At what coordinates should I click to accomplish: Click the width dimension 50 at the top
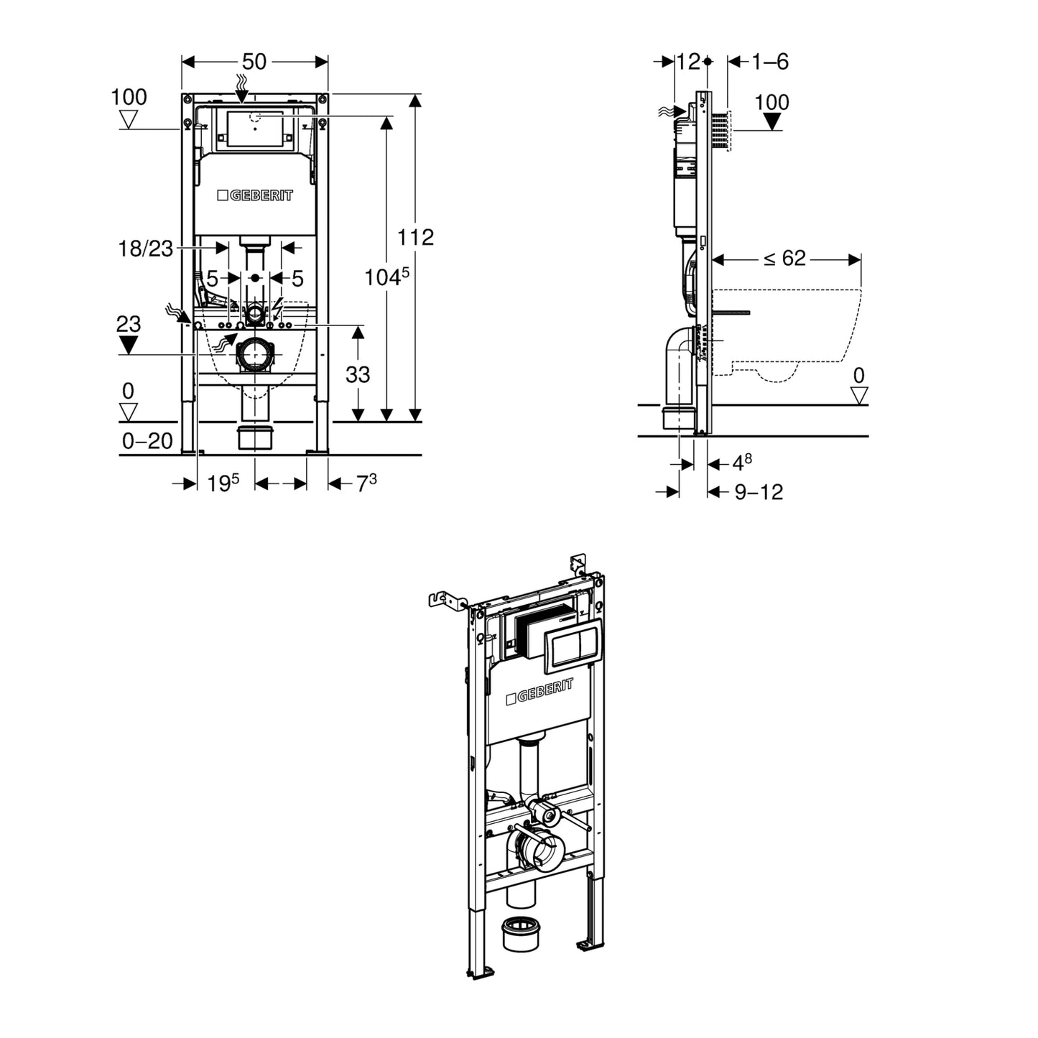pyautogui.click(x=254, y=62)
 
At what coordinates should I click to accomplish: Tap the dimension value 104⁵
pyautogui.click(x=386, y=277)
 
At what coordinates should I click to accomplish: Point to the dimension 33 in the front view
pyautogui.click(x=358, y=374)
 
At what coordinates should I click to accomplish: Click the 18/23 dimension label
pyautogui.click(x=146, y=249)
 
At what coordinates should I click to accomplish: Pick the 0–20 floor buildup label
pyautogui.click(x=147, y=441)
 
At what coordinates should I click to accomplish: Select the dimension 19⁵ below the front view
pyautogui.click(x=223, y=484)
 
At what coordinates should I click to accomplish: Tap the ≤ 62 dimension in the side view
pyautogui.click(x=784, y=259)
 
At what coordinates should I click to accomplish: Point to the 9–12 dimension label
pyautogui.click(x=759, y=492)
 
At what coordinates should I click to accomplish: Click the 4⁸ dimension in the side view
pyautogui.click(x=742, y=463)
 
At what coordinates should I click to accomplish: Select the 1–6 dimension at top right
pyautogui.click(x=770, y=62)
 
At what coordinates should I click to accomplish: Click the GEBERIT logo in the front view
pyautogui.click(x=255, y=195)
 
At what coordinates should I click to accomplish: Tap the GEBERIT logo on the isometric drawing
pyautogui.click(x=539, y=692)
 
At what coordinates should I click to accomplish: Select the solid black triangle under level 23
pyautogui.click(x=129, y=346)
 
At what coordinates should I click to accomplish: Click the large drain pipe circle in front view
pyautogui.click(x=254, y=354)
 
